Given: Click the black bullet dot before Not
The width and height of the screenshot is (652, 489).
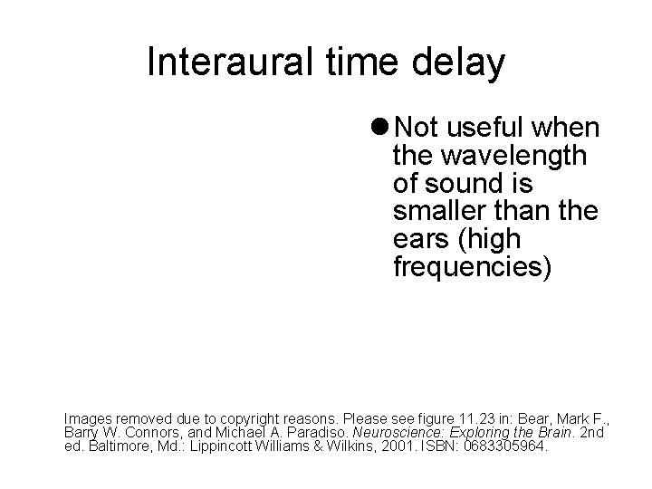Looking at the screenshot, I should pos(384,126).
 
